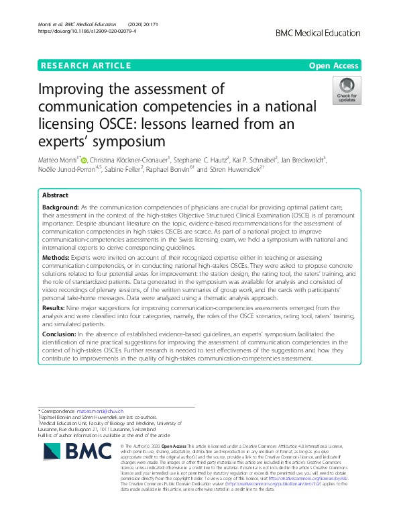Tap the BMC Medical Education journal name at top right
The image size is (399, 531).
click(318, 32)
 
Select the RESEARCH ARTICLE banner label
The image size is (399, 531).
click(85, 66)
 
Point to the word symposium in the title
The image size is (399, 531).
click(125, 141)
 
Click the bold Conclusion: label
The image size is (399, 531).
click(60, 334)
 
